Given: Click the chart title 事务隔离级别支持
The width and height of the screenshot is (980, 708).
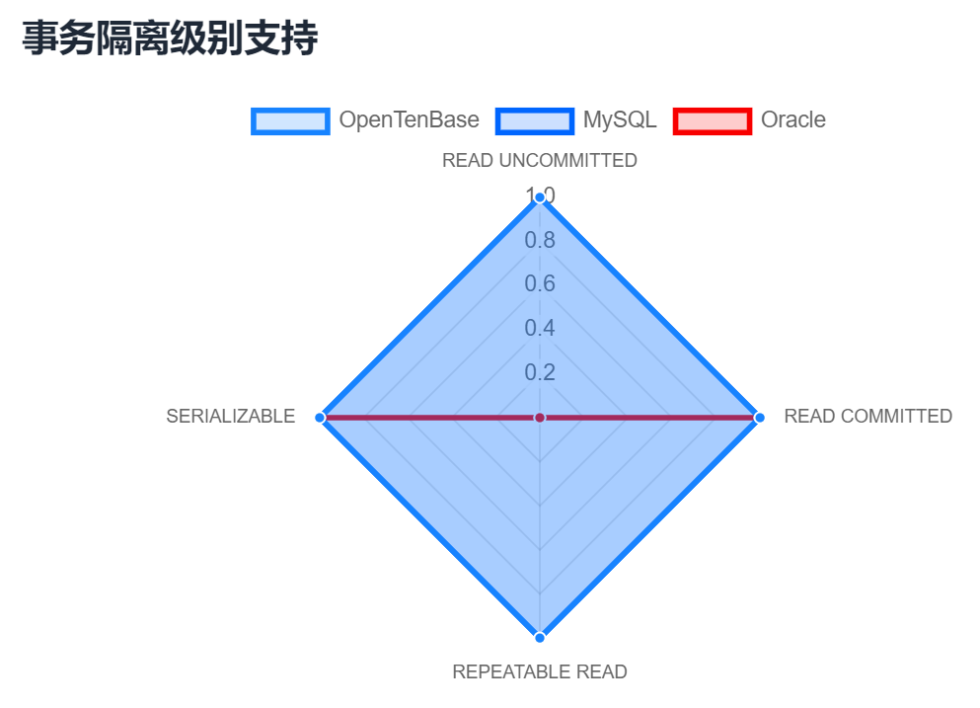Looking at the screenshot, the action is pyautogui.click(x=170, y=39).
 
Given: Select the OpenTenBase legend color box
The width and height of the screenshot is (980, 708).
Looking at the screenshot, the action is pyautogui.click(x=290, y=121).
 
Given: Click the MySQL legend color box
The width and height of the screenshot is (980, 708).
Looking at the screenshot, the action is pyautogui.click(x=534, y=121).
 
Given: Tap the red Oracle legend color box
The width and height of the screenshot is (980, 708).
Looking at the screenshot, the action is pyautogui.click(x=713, y=121).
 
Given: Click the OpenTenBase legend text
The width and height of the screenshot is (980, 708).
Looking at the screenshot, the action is pyautogui.click(x=409, y=119).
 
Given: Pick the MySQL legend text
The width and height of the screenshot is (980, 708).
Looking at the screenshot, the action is pyautogui.click(x=620, y=119).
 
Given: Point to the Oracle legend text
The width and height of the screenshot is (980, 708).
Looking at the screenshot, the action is pyautogui.click(x=793, y=119).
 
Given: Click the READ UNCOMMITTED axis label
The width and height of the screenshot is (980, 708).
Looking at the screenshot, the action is pyautogui.click(x=540, y=160).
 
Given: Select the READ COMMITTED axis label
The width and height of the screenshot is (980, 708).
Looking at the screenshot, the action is pyautogui.click(x=868, y=416).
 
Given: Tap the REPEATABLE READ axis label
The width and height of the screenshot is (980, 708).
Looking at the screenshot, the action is pyautogui.click(x=540, y=671).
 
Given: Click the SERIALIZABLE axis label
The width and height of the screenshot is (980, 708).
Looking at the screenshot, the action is pyautogui.click(x=231, y=416).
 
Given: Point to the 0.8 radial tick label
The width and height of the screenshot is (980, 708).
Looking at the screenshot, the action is pyautogui.click(x=540, y=240).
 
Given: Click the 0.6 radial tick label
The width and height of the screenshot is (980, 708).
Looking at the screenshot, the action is pyautogui.click(x=540, y=284).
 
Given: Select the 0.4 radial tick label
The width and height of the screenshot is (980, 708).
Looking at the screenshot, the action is pyautogui.click(x=540, y=328).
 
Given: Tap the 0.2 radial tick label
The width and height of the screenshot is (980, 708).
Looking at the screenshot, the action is pyautogui.click(x=540, y=372).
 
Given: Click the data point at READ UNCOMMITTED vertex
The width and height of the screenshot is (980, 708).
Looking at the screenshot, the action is pyautogui.click(x=540, y=197).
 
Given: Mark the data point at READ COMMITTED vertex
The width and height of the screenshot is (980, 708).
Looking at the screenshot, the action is pyautogui.click(x=759, y=417).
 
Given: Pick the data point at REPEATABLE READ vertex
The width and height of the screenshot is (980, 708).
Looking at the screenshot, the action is pyautogui.click(x=540, y=637).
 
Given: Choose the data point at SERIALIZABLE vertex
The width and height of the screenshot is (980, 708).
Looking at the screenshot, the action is pyautogui.click(x=320, y=417).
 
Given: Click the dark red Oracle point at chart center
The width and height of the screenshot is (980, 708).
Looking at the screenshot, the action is pyautogui.click(x=540, y=417).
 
